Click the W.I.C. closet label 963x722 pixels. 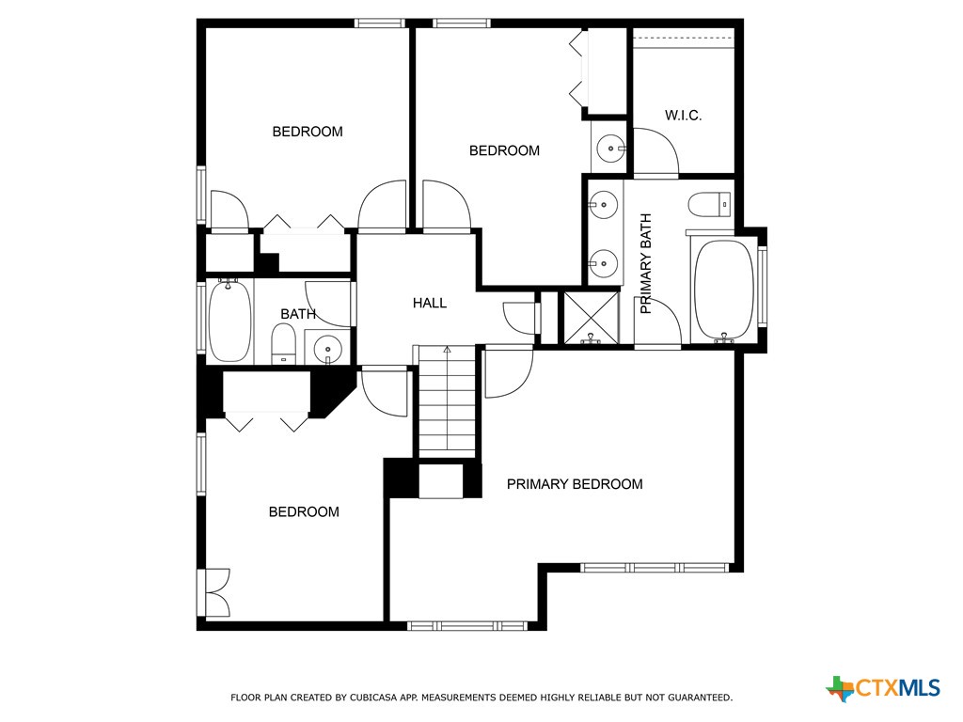tap(684, 116)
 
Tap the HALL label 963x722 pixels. tap(430, 303)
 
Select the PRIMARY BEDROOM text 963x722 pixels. tap(575, 484)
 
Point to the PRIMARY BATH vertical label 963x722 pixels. tap(646, 263)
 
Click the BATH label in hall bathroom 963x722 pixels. tap(298, 314)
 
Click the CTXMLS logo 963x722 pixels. tap(883, 688)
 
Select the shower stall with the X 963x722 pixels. tap(591, 318)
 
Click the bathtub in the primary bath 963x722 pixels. tap(723, 290)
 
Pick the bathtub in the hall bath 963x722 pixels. tap(229, 320)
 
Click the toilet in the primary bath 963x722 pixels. tap(709, 203)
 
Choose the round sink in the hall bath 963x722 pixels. tap(327, 346)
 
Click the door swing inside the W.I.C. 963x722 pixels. tap(656, 152)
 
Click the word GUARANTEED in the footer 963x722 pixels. tap(695, 698)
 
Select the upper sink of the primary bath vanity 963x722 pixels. tap(604, 204)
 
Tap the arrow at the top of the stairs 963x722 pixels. tap(448, 350)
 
